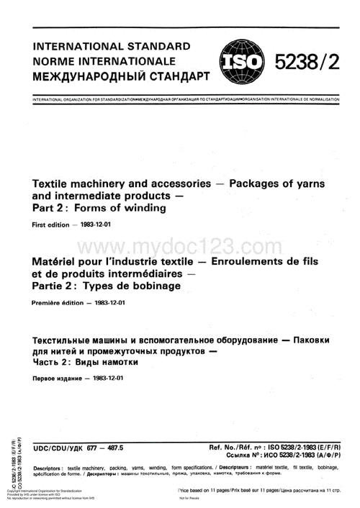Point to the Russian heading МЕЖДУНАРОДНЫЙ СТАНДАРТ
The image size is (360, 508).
click(x=121, y=74)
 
